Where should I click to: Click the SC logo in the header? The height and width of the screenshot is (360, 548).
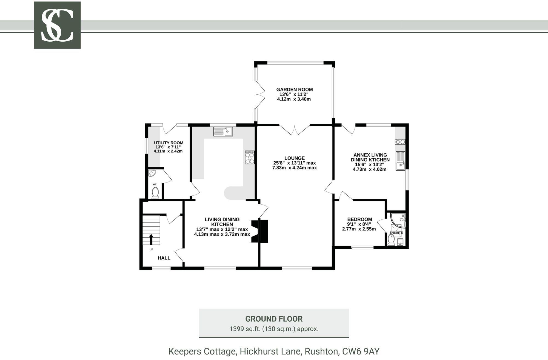[57, 25]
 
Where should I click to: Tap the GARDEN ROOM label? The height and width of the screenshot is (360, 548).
[294, 90]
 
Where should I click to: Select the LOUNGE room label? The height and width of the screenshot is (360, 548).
[294, 158]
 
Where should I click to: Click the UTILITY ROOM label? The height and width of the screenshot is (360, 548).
[169, 143]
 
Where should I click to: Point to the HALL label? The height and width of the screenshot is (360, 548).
[164, 258]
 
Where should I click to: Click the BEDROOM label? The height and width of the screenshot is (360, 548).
[359, 219]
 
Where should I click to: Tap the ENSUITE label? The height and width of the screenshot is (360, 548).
[396, 233]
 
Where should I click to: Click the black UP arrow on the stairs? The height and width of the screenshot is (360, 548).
[151, 239]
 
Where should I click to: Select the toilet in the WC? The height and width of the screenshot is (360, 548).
[155, 193]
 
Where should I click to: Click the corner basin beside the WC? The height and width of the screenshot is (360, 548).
[152, 173]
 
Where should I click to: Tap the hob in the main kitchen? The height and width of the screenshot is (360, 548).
[250, 158]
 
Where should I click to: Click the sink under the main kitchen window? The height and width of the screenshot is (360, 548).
[223, 132]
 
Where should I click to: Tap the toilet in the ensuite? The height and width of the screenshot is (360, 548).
[391, 241]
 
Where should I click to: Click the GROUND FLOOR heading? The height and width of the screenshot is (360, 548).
[274, 319]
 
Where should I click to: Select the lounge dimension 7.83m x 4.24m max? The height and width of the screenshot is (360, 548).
[294, 168]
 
